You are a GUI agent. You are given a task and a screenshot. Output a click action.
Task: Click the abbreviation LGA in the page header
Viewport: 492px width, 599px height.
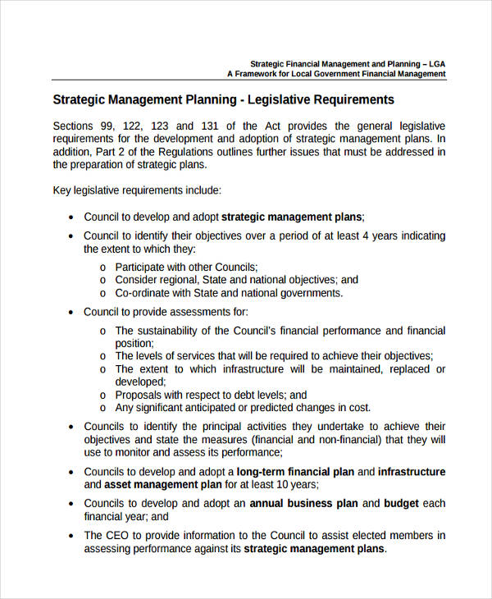pyautogui.click(x=436, y=63)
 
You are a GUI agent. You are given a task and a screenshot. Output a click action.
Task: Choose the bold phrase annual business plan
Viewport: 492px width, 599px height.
pyautogui.click(x=303, y=503)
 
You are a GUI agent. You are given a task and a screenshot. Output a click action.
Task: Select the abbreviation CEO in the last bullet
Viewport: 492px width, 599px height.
pyautogui.click(x=118, y=535)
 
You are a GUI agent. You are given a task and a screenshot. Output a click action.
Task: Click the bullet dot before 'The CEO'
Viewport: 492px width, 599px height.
pyautogui.click(x=71, y=535)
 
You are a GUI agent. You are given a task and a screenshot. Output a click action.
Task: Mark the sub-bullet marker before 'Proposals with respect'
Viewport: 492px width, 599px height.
pyautogui.click(x=102, y=395)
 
